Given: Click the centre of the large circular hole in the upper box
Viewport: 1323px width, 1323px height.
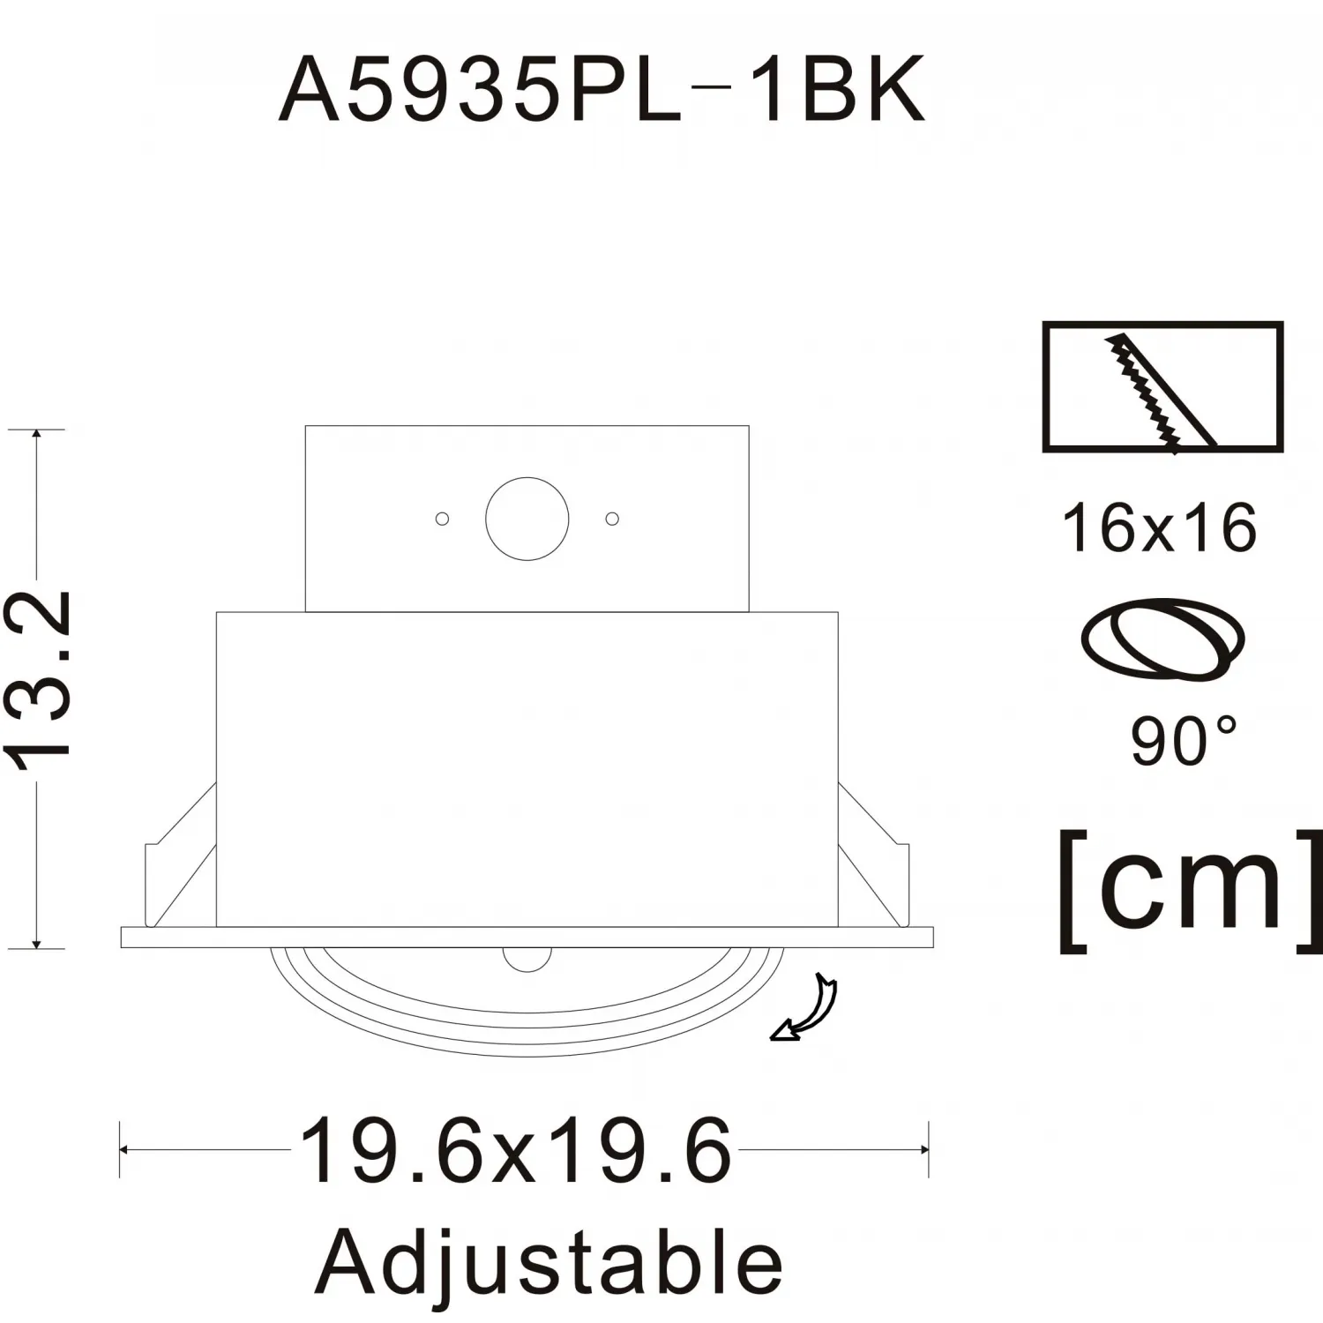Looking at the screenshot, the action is pyautogui.click(x=527, y=519).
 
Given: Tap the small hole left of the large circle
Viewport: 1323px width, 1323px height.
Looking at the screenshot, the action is pyautogui.click(x=443, y=519).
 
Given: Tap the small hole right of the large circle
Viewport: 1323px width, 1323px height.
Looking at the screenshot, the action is pyautogui.click(x=612, y=519).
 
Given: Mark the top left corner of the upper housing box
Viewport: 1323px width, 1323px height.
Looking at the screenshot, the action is pyautogui.click(x=305, y=426).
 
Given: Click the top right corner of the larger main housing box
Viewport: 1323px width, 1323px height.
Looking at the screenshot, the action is pyautogui.click(x=838, y=612).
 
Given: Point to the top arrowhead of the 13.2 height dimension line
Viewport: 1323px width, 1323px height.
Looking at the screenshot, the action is pyautogui.click(x=36, y=433).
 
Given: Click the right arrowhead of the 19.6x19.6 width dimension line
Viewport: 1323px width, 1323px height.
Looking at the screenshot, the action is pyautogui.click(x=924, y=1149).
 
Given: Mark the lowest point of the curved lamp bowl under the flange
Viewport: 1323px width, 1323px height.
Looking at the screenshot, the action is pyautogui.click(x=527, y=1056).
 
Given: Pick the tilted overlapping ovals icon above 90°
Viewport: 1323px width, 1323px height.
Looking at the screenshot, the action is pyautogui.click(x=1162, y=639).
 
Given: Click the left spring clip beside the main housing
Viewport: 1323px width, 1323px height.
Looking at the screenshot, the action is pyautogui.click(x=180, y=856).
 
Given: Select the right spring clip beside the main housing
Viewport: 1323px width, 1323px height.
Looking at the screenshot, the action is pyautogui.click(x=873, y=856).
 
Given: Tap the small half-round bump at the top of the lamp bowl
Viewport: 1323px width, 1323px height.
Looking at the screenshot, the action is pyautogui.click(x=527, y=960).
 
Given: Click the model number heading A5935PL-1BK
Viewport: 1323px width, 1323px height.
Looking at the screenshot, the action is pyautogui.click(x=602, y=89).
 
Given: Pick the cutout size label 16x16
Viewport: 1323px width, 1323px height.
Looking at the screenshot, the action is pyautogui.click(x=1160, y=528).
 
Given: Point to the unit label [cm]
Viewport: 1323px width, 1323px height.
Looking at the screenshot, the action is pyautogui.click(x=1191, y=890).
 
